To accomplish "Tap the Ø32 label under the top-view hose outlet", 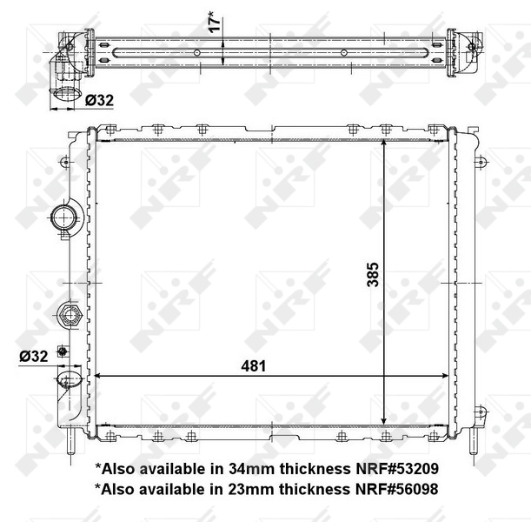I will (100, 101).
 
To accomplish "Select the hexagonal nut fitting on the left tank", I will (69, 314).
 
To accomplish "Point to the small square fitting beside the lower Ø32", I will (62, 351).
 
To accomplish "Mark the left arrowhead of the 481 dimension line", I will (98, 376).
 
